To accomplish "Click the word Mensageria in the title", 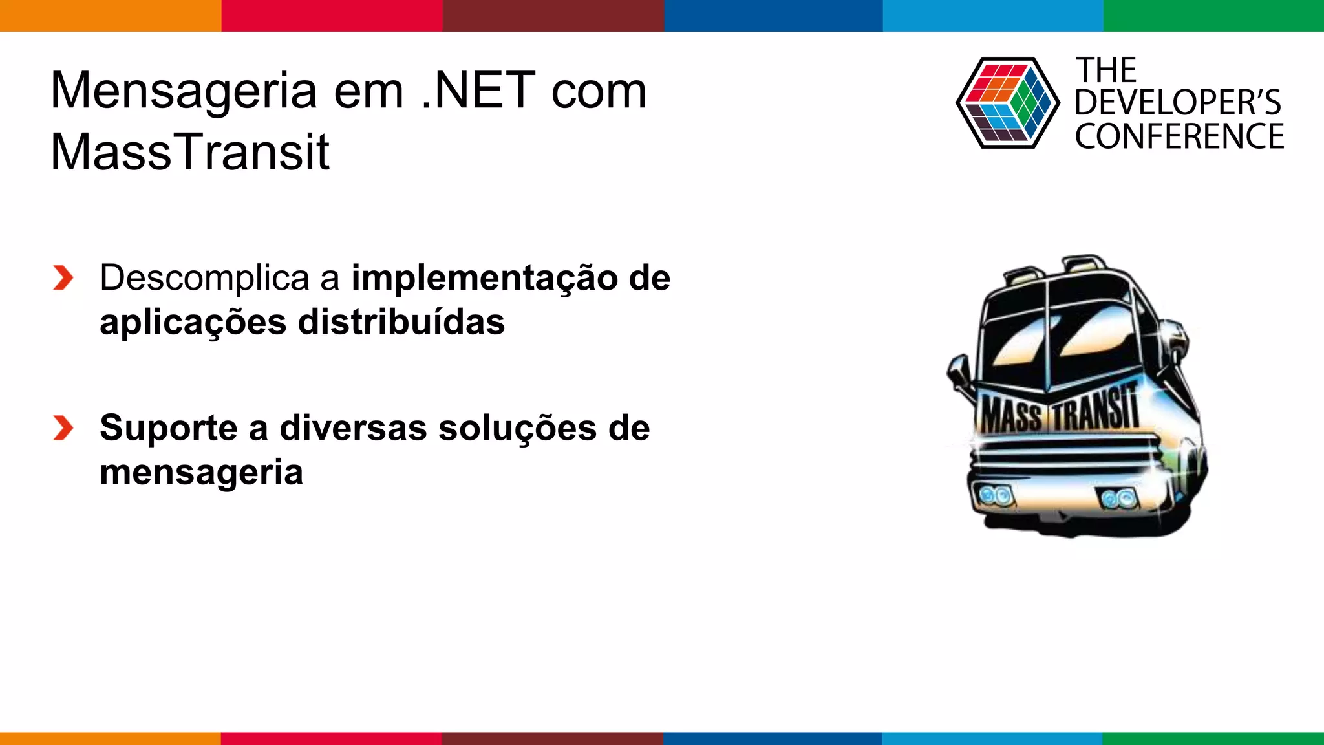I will pyautogui.click(x=184, y=92).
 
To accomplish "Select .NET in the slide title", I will pyautogui.click(x=478, y=91).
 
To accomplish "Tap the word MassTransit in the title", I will pyautogui.click(x=190, y=152).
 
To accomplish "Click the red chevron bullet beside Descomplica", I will pyautogui.click(x=63, y=278).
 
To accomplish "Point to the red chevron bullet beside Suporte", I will pyautogui.click(x=63, y=428).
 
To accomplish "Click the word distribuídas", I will pyautogui.click(x=401, y=322).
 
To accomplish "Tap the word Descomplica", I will pyautogui.click(x=204, y=278).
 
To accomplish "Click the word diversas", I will pyautogui.click(x=353, y=428).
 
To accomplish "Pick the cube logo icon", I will pyautogui.click(x=1007, y=103).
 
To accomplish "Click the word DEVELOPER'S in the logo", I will pyautogui.click(x=1177, y=103).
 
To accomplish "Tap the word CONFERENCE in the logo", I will pyautogui.click(x=1179, y=137).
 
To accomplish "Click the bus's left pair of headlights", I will pyautogui.click(x=995, y=496).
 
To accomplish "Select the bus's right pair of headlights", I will pyautogui.click(x=1118, y=499).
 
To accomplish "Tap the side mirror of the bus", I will pyautogui.click(x=957, y=372).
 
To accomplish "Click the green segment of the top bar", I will pyautogui.click(x=1213, y=16).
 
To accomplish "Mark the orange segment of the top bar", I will pyautogui.click(x=110, y=16).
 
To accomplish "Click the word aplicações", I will pyautogui.click(x=193, y=322).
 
